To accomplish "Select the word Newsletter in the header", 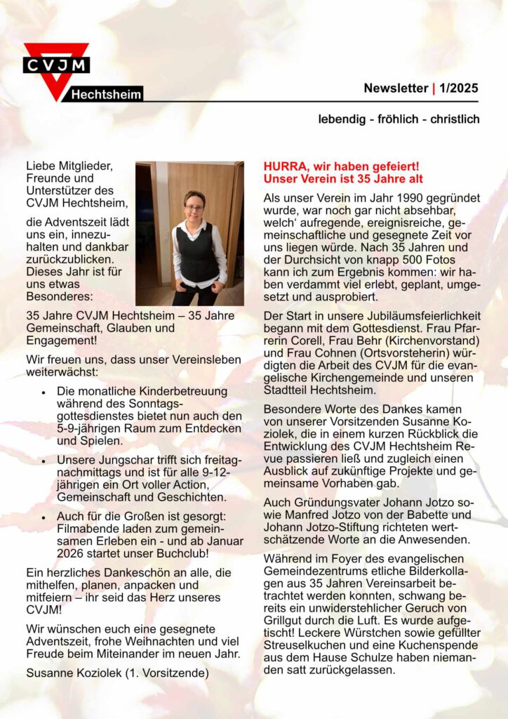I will click(x=396, y=88).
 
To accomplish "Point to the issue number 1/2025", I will click(x=459, y=88).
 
